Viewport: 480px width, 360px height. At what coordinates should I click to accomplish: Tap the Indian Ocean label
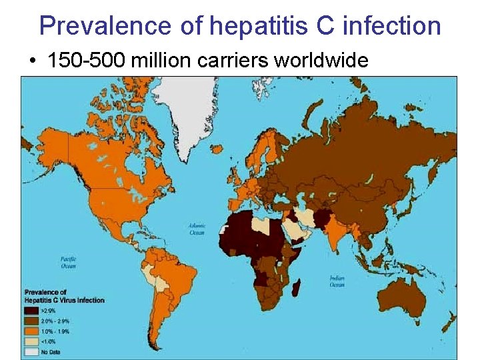336,282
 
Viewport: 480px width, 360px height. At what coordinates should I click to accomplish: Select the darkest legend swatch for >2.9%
31,310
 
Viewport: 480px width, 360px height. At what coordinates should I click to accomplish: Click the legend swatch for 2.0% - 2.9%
31,321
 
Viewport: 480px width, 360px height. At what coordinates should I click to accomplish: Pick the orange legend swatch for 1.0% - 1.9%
31,331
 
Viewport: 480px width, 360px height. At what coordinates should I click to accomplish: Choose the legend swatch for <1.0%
31,341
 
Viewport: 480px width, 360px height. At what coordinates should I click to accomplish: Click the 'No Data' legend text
51,351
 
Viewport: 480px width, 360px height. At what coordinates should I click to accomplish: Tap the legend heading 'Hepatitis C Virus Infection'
64,300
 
